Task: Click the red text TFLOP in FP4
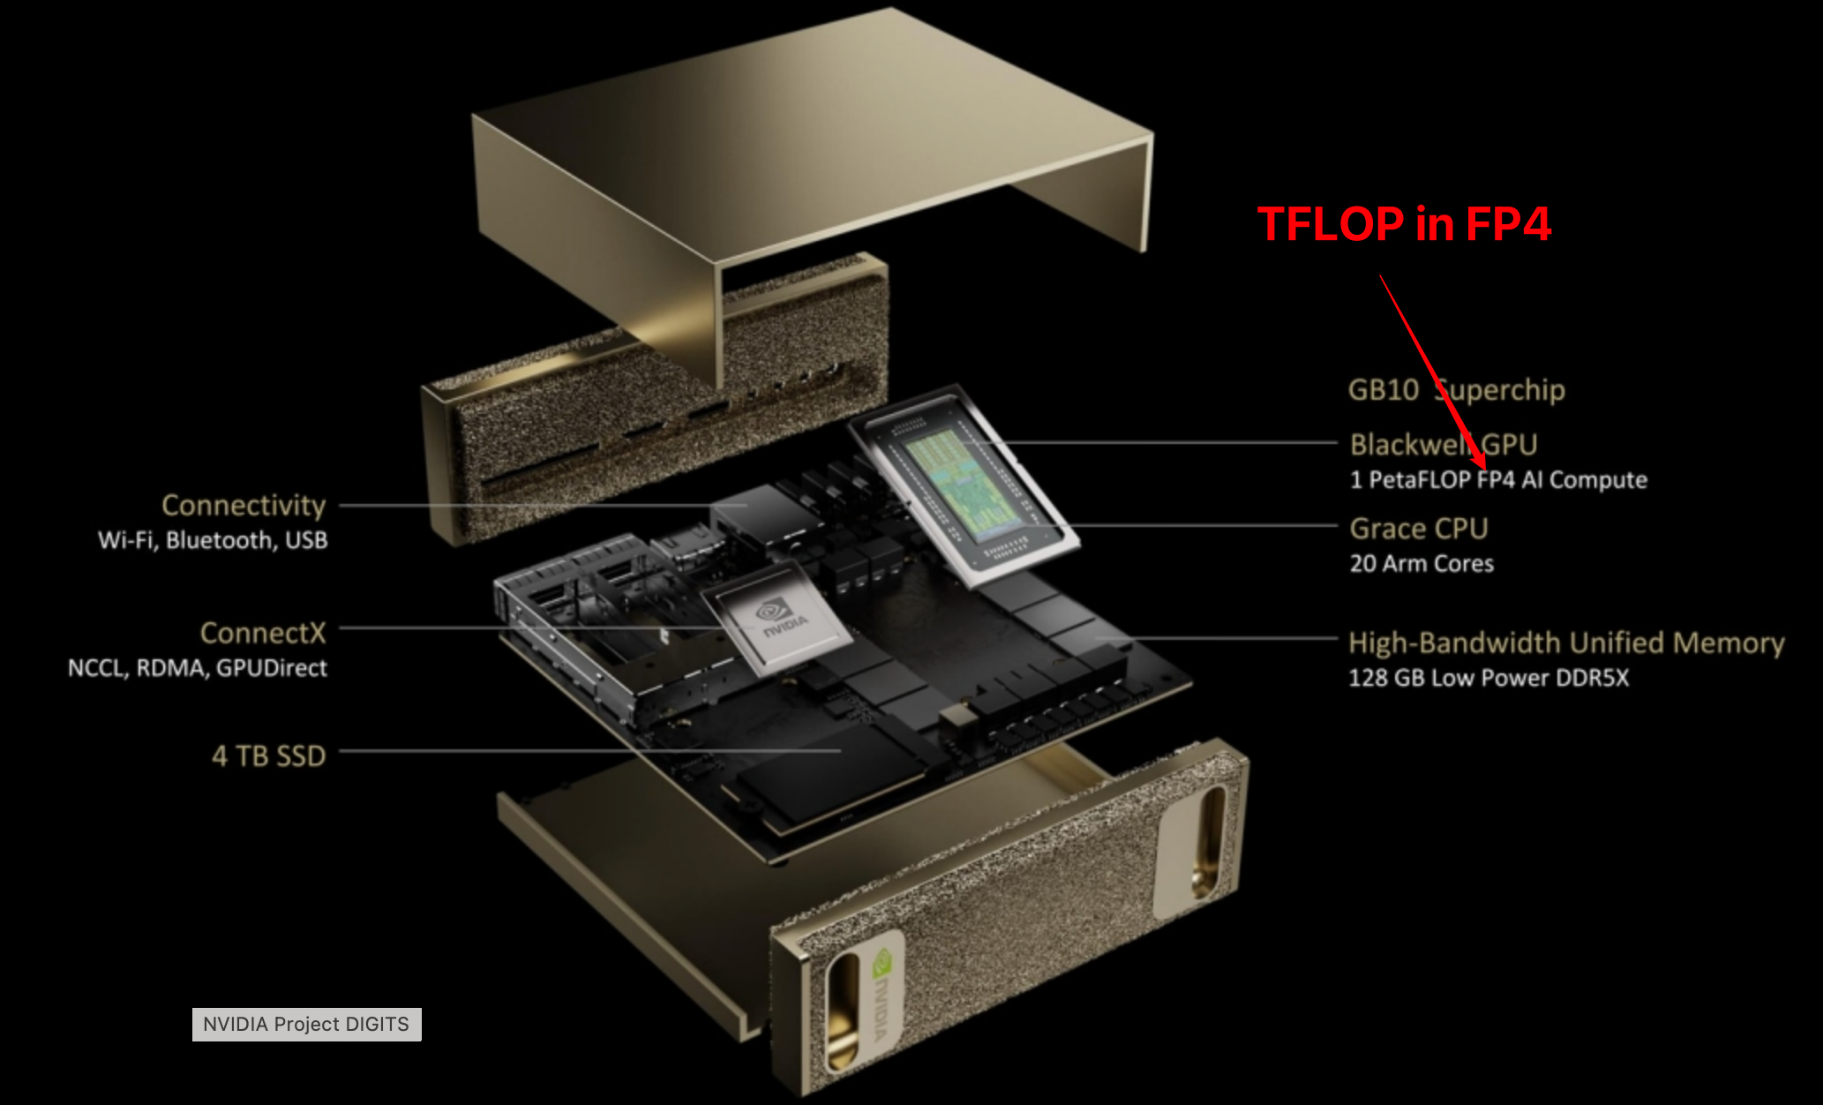point(1404,223)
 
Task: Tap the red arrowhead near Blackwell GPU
point(1479,458)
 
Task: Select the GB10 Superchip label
point(1457,389)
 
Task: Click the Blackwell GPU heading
point(1444,444)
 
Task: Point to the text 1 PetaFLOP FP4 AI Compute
point(1498,480)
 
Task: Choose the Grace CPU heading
point(1419,528)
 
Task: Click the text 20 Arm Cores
point(1422,563)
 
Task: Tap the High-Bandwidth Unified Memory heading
point(1566,643)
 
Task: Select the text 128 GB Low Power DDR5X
point(1489,678)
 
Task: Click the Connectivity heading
point(244,505)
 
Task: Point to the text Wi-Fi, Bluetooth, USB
point(213,540)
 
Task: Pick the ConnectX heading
point(263,633)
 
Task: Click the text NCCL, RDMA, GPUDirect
point(198,668)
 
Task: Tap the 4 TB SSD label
point(269,756)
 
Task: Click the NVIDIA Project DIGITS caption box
point(307,1024)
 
